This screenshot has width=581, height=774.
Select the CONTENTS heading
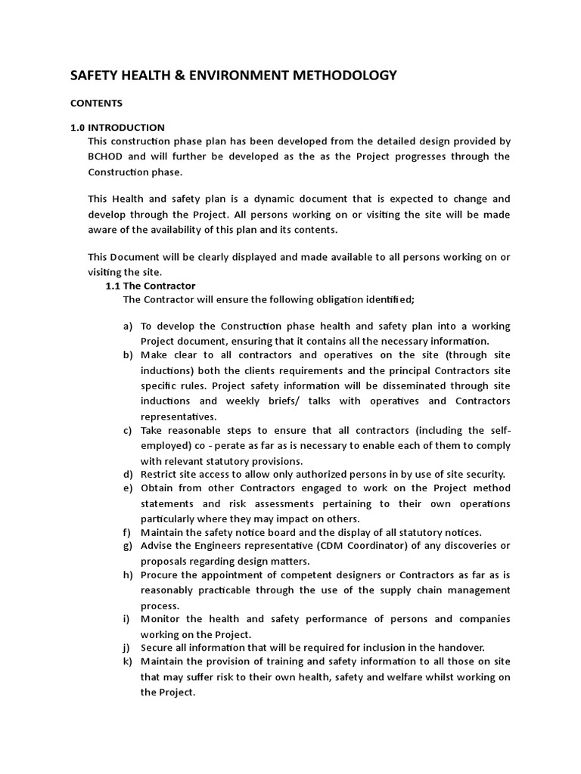click(x=97, y=103)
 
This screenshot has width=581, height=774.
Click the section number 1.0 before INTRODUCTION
click(x=78, y=127)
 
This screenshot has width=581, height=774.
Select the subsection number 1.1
click(x=113, y=286)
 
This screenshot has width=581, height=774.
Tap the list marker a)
click(x=127, y=327)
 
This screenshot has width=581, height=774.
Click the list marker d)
click(x=127, y=475)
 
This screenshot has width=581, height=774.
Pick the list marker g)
click(x=127, y=546)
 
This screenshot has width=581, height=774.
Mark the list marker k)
click(x=127, y=662)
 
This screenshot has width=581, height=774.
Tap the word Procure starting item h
click(x=160, y=575)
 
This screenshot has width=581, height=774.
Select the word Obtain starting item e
click(x=157, y=488)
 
